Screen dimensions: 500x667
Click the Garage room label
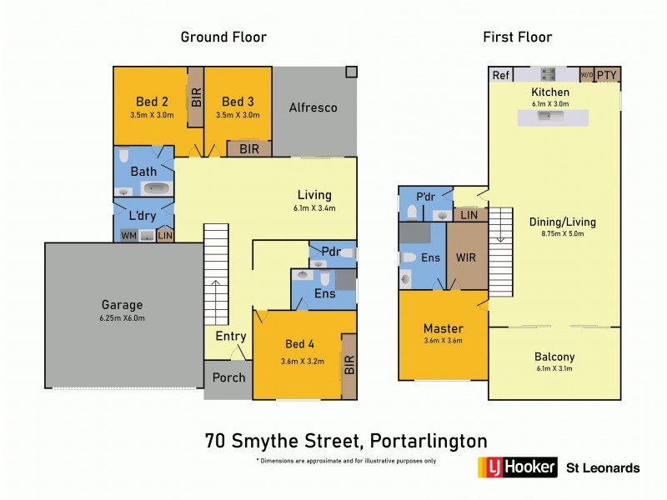point(123,305)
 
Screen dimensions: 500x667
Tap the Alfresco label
point(313,107)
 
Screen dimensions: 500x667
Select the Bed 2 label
point(151,102)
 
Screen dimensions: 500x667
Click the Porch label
point(228,377)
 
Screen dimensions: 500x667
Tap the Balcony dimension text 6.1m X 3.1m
point(554,369)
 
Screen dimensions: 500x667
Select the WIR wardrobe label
point(465,258)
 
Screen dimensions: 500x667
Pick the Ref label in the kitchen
point(500,75)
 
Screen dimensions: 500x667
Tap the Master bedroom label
point(443,328)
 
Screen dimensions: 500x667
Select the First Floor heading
point(517,37)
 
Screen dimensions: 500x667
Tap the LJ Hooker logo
point(516,467)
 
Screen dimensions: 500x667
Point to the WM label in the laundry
point(128,237)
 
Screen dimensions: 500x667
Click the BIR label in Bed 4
point(349,365)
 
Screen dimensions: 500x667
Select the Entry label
point(231,336)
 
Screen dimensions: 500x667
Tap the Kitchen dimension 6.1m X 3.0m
point(550,103)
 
